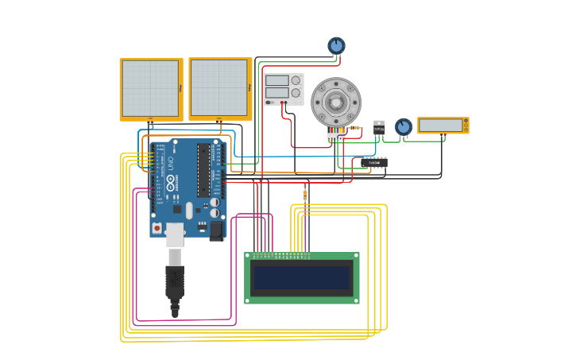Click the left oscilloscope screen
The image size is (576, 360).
click(150, 87)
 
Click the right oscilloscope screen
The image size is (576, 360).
click(219, 87)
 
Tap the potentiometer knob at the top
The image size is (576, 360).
click(336, 46)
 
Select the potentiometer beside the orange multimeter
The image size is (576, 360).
click(404, 126)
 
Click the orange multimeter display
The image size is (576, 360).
click(441, 126)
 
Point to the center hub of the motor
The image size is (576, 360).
click(336, 103)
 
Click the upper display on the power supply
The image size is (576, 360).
click(276, 80)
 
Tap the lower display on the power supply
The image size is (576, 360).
click(276, 93)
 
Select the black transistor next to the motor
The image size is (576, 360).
click(379, 127)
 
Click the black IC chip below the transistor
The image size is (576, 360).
click(374, 162)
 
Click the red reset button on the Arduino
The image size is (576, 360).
click(157, 228)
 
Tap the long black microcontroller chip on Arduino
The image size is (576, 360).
click(203, 170)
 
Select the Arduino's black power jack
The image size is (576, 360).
click(216, 230)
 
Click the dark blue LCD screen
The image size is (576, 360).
click(301, 278)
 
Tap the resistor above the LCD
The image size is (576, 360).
click(305, 195)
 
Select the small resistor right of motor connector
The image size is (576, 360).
click(354, 128)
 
